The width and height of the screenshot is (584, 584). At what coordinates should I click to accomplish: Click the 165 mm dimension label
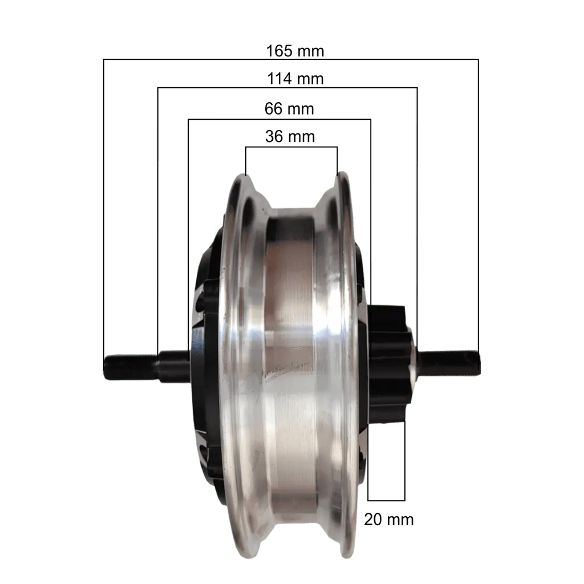[x=295, y=51]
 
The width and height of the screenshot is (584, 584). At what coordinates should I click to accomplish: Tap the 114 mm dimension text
[x=295, y=79]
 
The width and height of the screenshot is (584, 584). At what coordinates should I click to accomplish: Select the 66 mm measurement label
[x=289, y=109]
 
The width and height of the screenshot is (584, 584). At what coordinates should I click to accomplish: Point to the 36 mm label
[x=290, y=136]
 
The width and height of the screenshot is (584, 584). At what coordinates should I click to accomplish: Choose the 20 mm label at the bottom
[x=388, y=520]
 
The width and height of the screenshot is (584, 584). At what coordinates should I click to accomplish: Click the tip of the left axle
[x=105, y=368]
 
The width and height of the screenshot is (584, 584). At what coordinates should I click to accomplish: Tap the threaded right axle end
[x=449, y=363]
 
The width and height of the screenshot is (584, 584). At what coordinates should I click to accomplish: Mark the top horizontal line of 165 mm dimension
[x=291, y=59]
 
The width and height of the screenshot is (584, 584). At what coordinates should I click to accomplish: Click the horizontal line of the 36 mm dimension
[x=291, y=147]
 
